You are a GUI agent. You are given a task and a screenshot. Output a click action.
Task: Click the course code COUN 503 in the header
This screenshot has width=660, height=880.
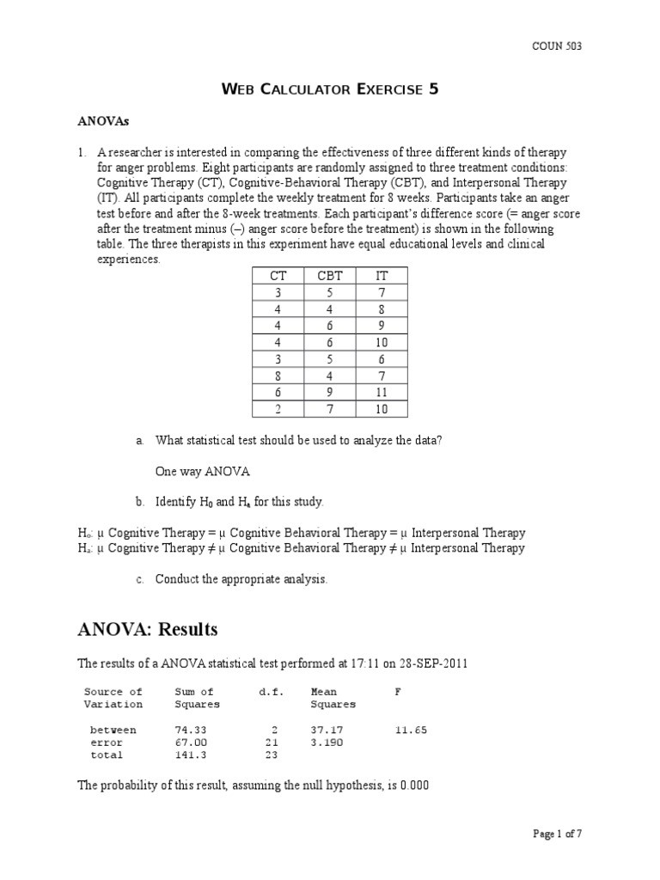(x=557, y=46)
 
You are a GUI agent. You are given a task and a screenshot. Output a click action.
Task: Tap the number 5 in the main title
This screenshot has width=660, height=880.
(x=434, y=89)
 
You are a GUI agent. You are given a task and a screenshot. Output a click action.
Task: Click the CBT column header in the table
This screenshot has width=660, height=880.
(x=329, y=276)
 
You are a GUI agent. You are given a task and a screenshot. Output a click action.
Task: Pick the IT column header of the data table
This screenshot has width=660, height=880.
(x=382, y=276)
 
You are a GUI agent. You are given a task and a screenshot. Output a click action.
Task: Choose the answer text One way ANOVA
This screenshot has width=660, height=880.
(x=203, y=471)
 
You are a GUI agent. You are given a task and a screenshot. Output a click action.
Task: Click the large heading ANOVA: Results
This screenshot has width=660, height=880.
(x=148, y=630)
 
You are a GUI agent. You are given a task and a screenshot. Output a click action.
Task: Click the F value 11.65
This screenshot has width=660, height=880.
(x=410, y=730)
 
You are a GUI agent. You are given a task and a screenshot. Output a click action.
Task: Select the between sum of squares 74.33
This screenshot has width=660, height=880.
(x=191, y=730)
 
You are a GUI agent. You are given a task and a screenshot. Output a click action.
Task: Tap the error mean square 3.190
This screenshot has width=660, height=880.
(x=327, y=742)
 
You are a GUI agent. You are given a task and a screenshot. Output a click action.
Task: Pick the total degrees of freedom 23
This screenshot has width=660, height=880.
(x=272, y=755)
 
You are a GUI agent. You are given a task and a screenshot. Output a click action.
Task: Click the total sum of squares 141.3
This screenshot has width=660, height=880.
(x=191, y=755)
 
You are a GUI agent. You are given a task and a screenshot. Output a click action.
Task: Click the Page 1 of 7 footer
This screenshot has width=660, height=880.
(x=557, y=833)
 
